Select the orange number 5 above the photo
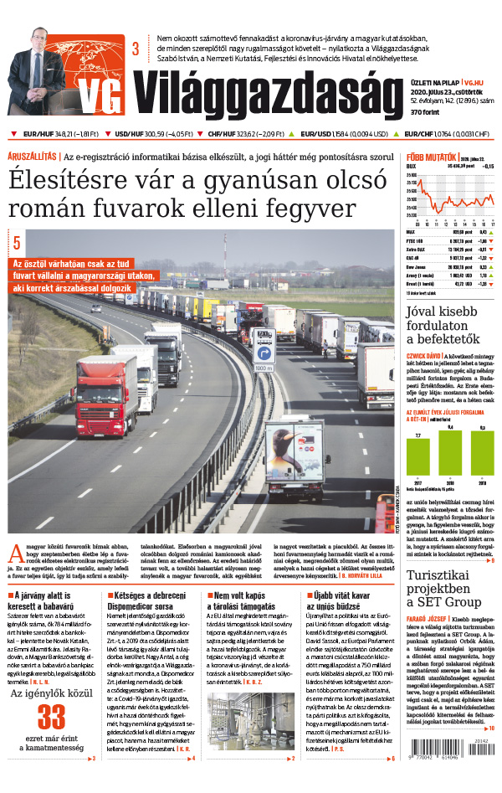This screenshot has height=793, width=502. point(16,244)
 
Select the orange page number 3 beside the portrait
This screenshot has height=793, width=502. point(135,49)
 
